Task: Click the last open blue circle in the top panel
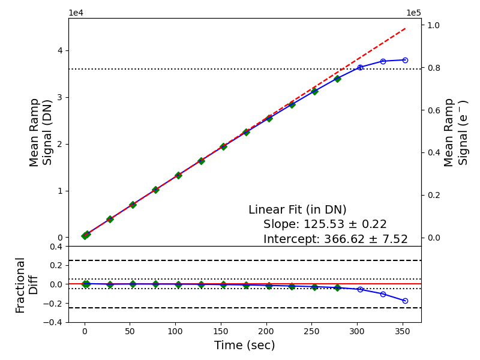click(x=405, y=61)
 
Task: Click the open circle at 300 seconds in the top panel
click(x=361, y=67)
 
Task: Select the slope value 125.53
click(x=324, y=224)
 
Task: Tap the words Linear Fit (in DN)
click(x=297, y=209)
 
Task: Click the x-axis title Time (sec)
click(x=244, y=346)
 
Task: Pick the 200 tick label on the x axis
click(x=266, y=332)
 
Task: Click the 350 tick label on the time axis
click(x=402, y=332)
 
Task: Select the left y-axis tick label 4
click(x=60, y=50)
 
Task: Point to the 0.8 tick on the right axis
click(x=434, y=68)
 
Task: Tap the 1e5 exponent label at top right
click(x=413, y=13)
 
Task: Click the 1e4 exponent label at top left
click(x=76, y=13)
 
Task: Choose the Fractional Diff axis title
click(x=26, y=285)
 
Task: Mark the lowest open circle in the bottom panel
click(x=405, y=301)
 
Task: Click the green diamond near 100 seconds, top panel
click(x=178, y=175)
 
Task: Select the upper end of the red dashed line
click(x=406, y=28)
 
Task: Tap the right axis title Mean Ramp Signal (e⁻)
click(x=455, y=133)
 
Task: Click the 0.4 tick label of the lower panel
click(x=56, y=247)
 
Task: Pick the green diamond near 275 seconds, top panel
click(x=337, y=79)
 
